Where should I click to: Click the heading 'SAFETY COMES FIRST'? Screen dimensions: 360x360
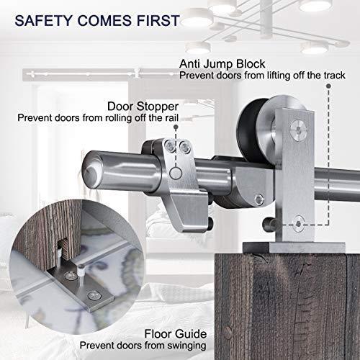pyautogui.click(x=97, y=20)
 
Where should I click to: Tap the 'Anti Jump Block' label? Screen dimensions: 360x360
pyautogui.click(x=222, y=64)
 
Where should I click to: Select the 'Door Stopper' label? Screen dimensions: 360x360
pyautogui.click(x=143, y=107)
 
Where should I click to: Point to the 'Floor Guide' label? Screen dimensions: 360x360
pyautogui.click(x=176, y=334)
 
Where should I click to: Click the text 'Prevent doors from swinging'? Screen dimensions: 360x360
pyautogui.click(x=143, y=346)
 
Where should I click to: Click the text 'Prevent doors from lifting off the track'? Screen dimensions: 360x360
pyautogui.click(x=262, y=76)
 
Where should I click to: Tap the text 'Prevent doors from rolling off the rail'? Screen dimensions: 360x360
pyautogui.click(x=98, y=118)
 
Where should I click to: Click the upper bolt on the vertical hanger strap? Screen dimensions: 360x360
pyautogui.click(x=298, y=130)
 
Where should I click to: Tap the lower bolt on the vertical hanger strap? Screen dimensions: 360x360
pyautogui.click(x=298, y=224)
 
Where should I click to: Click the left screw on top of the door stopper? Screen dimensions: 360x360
pyautogui.click(x=170, y=145)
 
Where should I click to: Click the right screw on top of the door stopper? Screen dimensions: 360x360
pyautogui.click(x=185, y=147)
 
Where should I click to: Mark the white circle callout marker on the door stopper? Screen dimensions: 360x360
pyautogui.click(x=176, y=174)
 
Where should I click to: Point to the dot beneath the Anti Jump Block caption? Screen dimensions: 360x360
pyautogui.click(x=328, y=86)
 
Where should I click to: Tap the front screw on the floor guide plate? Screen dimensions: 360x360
pyautogui.click(x=94, y=295)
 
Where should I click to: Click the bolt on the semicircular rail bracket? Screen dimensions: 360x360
pyautogui.click(x=259, y=199)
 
